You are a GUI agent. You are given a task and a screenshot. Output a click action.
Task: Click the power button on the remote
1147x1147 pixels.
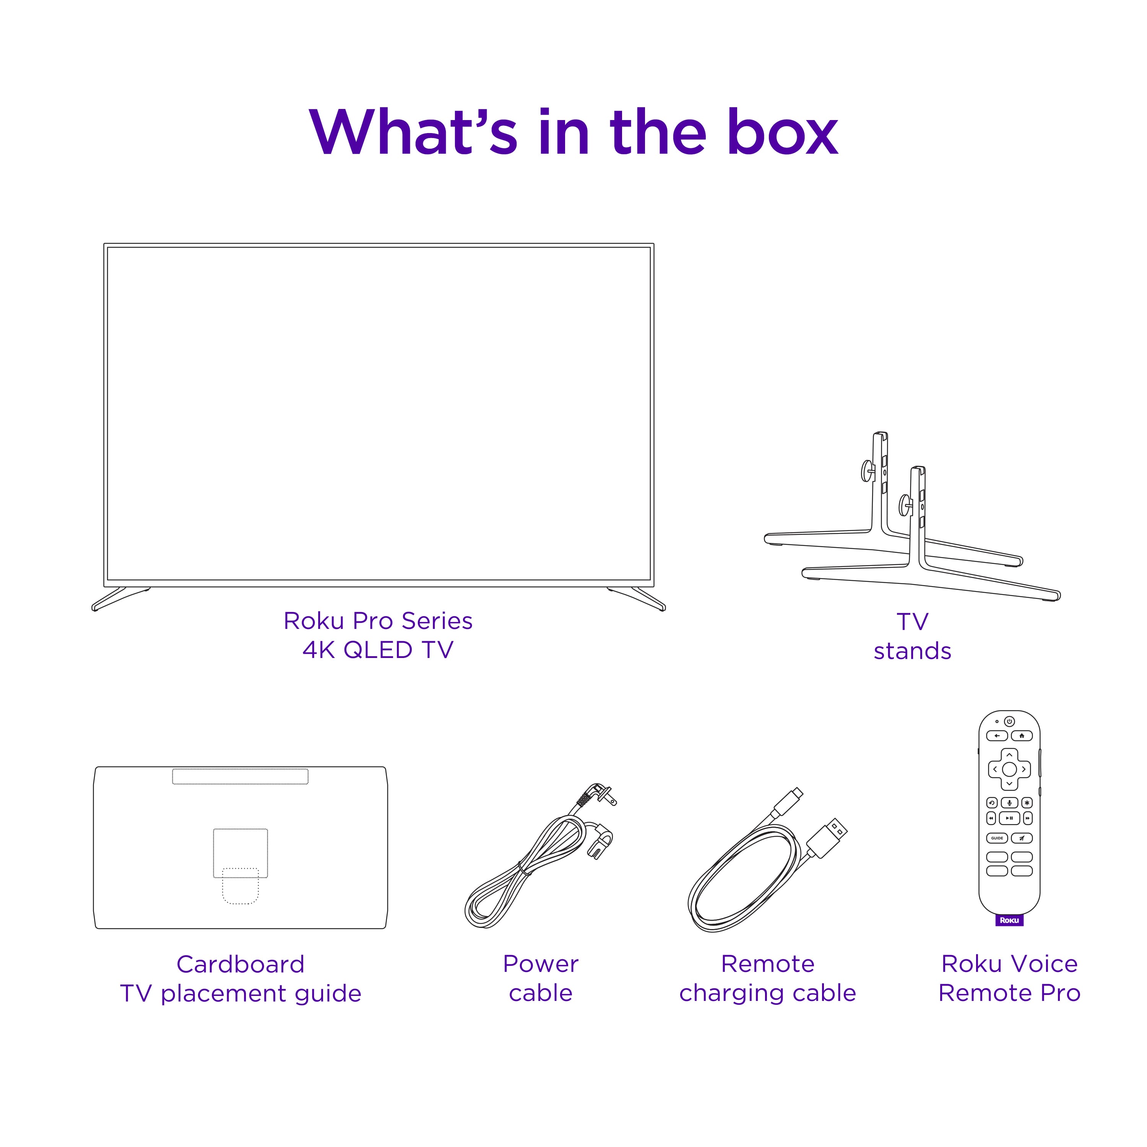coord(1009,721)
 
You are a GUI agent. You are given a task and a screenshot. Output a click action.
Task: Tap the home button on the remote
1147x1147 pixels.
coord(1022,736)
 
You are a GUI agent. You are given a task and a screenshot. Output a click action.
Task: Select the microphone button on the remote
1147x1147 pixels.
coord(1009,803)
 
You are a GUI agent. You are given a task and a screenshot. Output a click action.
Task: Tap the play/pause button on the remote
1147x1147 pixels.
coord(1009,818)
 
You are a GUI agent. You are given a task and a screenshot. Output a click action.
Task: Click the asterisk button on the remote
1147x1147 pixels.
coord(1027,803)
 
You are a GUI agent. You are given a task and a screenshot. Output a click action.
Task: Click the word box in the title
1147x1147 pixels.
coord(783,133)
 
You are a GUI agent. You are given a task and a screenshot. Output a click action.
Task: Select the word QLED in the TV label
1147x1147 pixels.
coord(378,650)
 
